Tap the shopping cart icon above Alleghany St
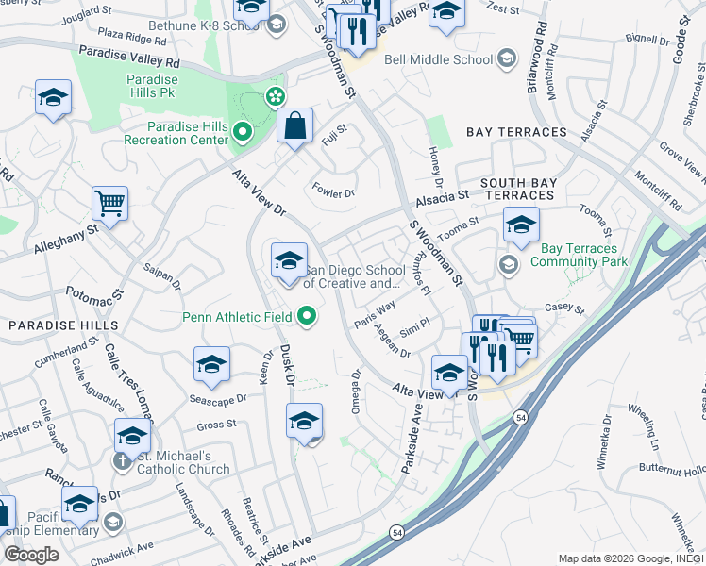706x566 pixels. (110, 202)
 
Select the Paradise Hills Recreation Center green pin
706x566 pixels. (243, 132)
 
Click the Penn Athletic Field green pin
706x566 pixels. (306, 317)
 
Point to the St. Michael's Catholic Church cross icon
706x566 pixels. (121, 461)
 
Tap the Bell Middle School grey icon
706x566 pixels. (507, 59)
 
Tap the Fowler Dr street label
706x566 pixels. (333, 193)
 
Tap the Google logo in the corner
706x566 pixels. (31, 555)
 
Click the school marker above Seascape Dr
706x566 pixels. (212, 365)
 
